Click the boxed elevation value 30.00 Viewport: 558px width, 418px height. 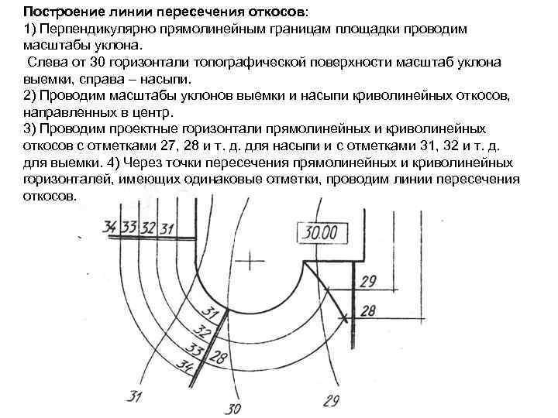click(320, 233)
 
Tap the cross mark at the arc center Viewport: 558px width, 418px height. click(250, 263)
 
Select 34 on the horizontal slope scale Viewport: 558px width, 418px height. click(110, 227)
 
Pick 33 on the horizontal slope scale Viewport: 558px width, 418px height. click(129, 227)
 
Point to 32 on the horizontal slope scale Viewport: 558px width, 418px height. click(147, 227)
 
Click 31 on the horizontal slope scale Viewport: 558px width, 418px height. click(165, 228)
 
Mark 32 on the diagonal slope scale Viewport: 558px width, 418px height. click(203, 333)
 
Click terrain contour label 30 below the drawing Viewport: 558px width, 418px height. click(232, 408)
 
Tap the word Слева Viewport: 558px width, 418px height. click(45, 62)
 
